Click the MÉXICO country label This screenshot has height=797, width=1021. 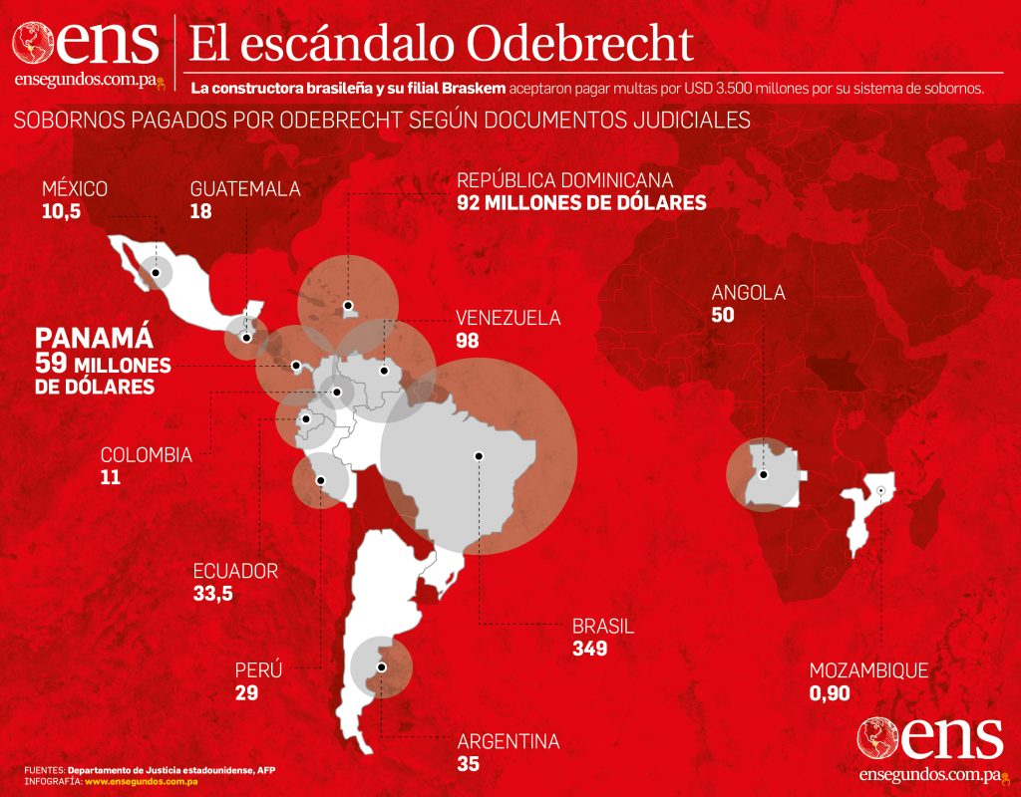click(75, 189)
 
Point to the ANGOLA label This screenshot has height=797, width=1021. click(748, 293)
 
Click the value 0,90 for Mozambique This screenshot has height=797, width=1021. click(832, 692)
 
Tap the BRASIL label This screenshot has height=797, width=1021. click(603, 627)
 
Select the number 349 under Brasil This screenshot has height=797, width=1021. click(590, 649)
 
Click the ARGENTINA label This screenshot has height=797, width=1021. click(508, 742)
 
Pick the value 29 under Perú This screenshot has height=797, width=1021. click(246, 692)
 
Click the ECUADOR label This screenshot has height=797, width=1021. click(235, 571)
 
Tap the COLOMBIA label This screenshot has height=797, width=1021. click(146, 455)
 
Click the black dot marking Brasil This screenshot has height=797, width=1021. click(479, 455)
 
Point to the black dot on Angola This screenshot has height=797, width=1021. click(763, 474)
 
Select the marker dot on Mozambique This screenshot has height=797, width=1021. click(881, 490)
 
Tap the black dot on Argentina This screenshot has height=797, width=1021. click(381, 666)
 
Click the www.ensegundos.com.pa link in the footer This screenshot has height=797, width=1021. click(141, 782)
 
